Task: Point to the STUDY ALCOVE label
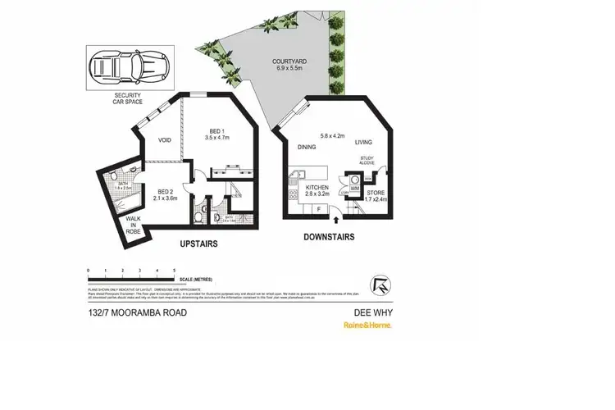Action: click(x=368, y=162)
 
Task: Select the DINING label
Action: click(x=307, y=148)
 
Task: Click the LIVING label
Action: click(x=364, y=143)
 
